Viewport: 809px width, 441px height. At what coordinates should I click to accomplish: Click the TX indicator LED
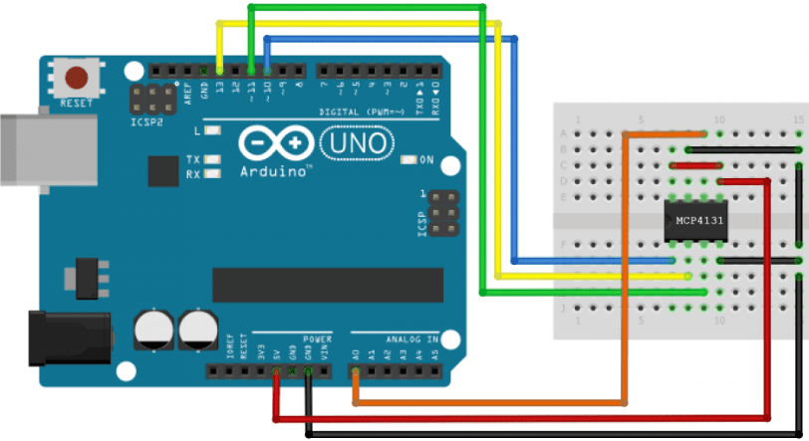(x=211, y=160)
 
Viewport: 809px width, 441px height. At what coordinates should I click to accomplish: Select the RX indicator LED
(x=211, y=175)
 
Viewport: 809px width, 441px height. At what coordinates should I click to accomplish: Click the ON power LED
(x=407, y=160)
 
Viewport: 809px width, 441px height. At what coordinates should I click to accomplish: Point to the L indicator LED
(x=211, y=130)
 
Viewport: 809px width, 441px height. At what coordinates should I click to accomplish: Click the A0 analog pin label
(x=356, y=353)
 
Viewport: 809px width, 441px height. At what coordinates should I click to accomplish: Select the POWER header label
(x=317, y=338)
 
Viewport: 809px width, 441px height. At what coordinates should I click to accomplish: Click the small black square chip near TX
(x=162, y=171)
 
